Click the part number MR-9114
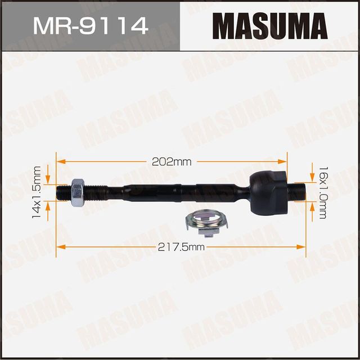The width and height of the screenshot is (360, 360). click(90, 25)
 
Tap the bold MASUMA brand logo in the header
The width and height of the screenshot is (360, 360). click(270, 25)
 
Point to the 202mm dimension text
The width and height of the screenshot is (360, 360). click(172, 161)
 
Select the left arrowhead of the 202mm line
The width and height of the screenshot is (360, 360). click(60, 161)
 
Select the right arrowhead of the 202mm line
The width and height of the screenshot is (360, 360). click(283, 161)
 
